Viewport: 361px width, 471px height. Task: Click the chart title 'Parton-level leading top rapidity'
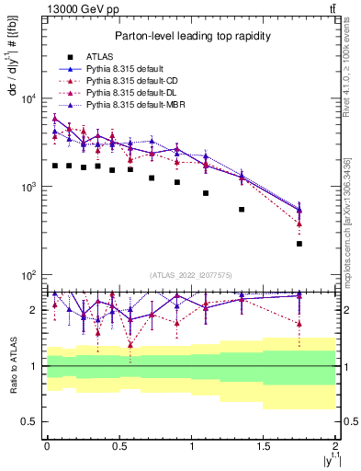[190, 36]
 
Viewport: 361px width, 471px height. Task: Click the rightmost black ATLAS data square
[299, 244]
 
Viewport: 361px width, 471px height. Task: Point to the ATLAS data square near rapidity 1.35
[242, 210]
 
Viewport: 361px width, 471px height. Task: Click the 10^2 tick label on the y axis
[28, 275]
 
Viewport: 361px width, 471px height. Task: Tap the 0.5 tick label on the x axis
[118, 446]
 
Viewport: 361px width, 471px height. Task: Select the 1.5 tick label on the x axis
[264, 446]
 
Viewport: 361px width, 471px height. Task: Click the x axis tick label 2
[336, 446]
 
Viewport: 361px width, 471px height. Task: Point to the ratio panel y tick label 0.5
[29, 421]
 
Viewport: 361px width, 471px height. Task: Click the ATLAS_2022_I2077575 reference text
[190, 275]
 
